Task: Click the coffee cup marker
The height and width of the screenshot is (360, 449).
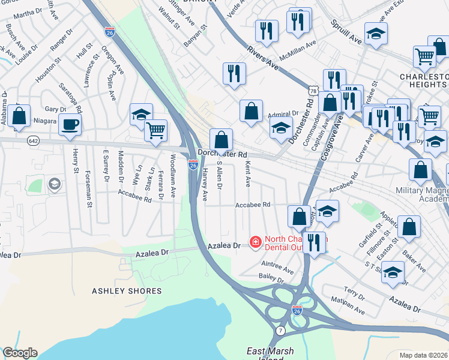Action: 70,125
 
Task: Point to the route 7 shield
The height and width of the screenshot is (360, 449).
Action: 280,331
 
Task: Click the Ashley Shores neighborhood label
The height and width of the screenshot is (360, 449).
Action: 127,291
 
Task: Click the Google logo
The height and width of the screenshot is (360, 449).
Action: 20,353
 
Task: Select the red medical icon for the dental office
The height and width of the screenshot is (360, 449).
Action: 255,242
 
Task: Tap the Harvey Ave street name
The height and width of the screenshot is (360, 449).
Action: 205,184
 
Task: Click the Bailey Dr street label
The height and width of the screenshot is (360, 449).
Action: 271,277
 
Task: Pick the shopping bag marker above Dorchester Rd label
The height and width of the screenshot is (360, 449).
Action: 221,140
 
